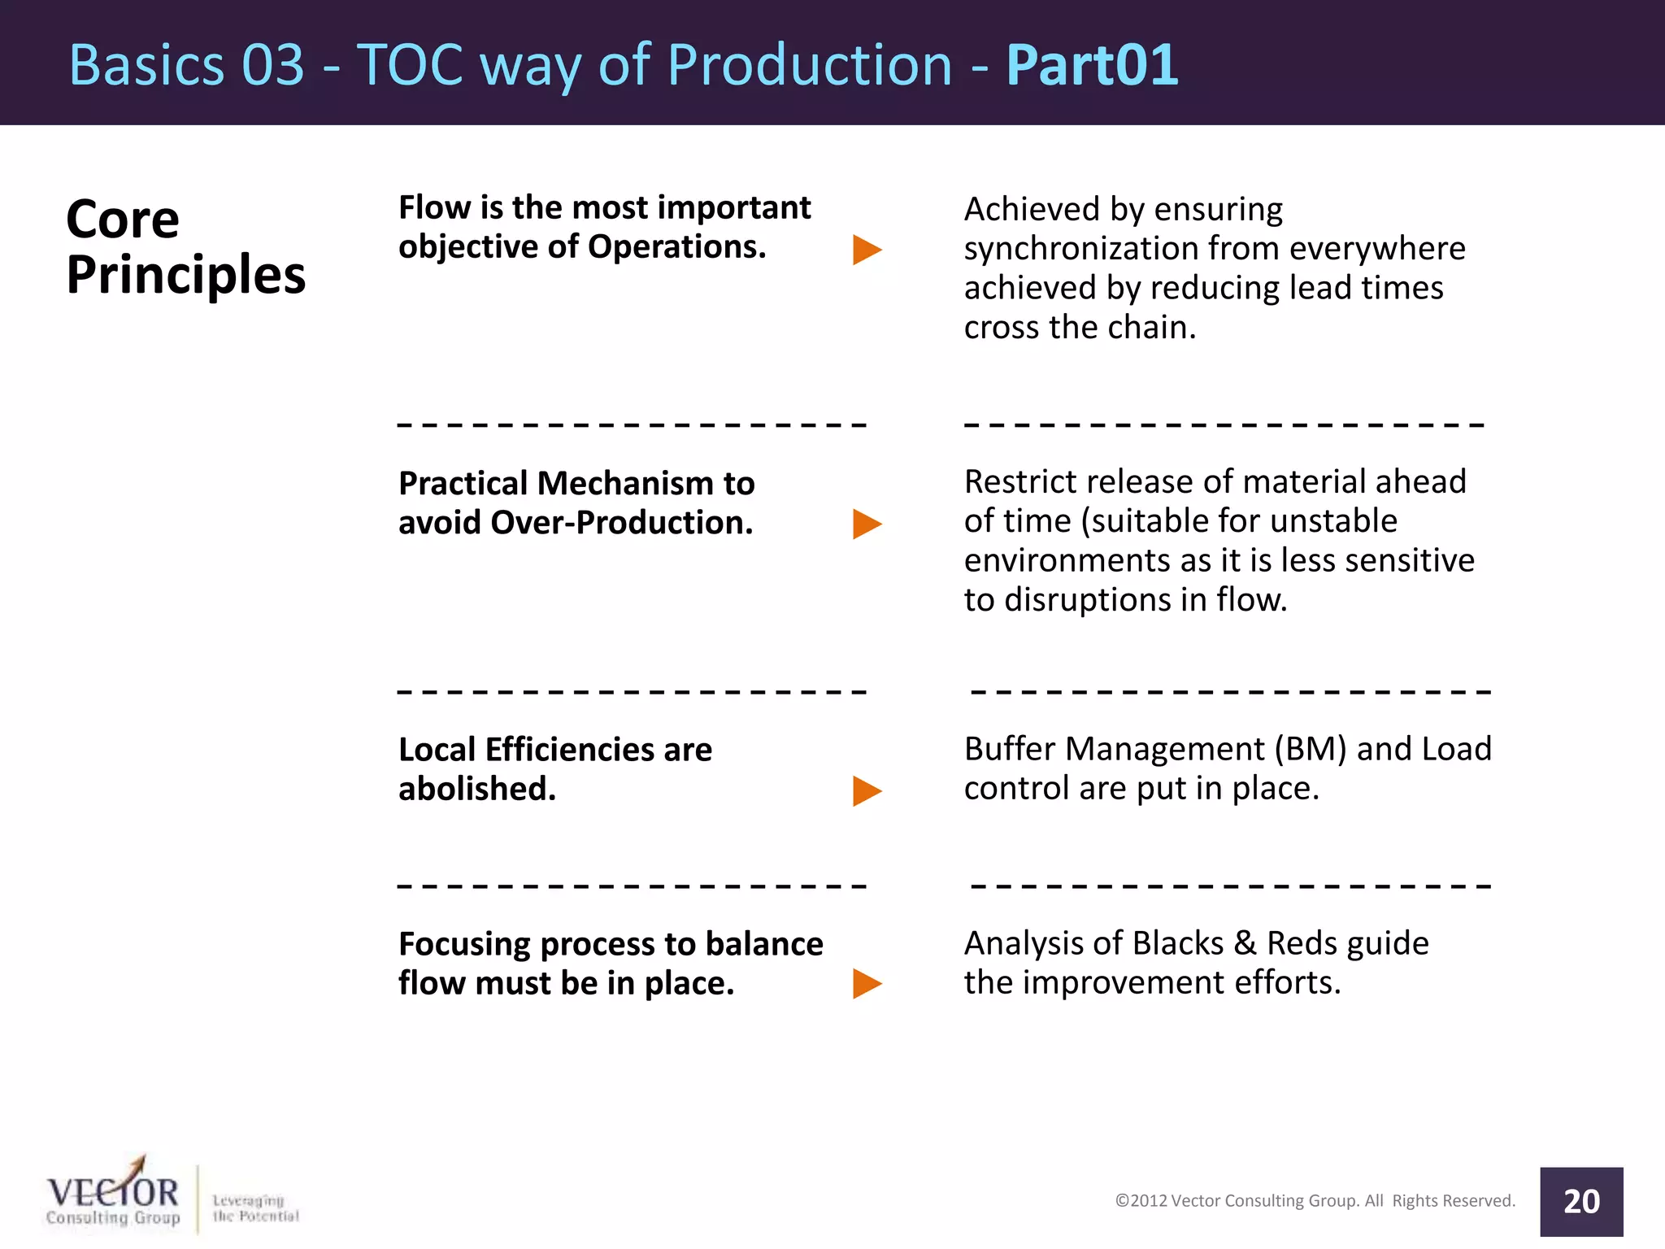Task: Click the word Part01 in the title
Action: pyautogui.click(x=1092, y=64)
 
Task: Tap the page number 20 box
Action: pyautogui.click(x=1580, y=1201)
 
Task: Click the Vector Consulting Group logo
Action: pyautogui.click(x=113, y=1195)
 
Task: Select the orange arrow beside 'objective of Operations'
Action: pyautogui.click(x=867, y=250)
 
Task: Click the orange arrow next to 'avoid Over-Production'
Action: pyautogui.click(x=867, y=524)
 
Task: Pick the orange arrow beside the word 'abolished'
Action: pyautogui.click(x=867, y=790)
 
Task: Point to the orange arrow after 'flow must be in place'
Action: pyautogui.click(x=867, y=984)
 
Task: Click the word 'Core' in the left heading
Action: pyautogui.click(x=122, y=220)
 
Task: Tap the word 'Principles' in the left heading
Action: pyautogui.click(x=185, y=275)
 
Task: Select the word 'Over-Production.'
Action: pyautogui.click(x=622, y=523)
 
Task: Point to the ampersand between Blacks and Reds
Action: pyautogui.click(x=1245, y=943)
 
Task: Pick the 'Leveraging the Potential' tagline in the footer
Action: pyautogui.click(x=255, y=1208)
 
